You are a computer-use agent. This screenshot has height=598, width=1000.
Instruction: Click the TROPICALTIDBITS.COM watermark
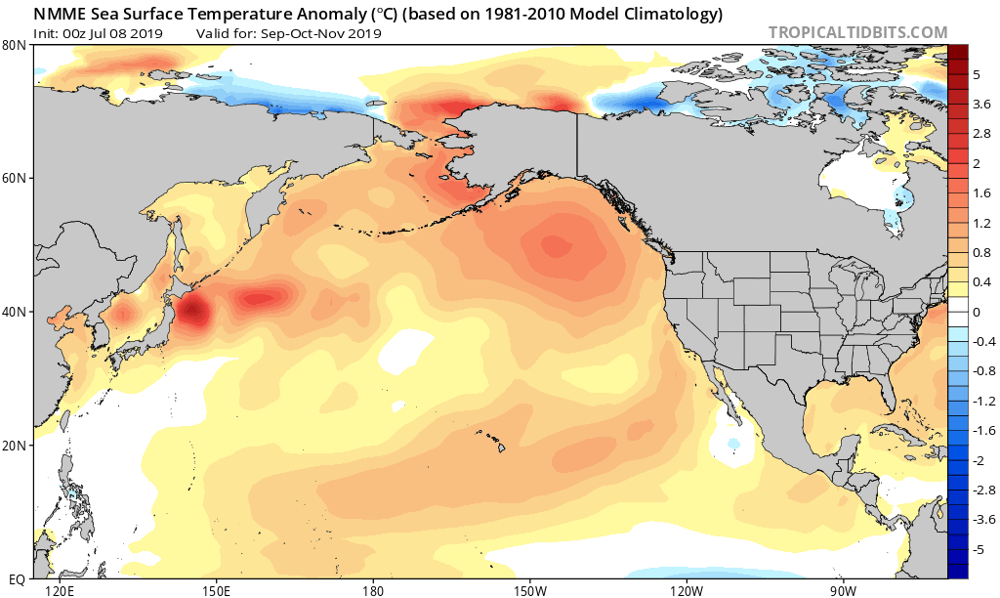point(857,32)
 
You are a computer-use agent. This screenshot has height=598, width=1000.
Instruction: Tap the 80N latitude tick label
point(15,45)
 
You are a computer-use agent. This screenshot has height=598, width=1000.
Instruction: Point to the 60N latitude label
point(15,178)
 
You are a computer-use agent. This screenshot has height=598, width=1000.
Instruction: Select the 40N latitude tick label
point(15,312)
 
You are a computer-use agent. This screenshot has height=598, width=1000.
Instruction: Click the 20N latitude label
point(15,445)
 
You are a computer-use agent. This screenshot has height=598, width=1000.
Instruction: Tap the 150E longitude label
point(216,590)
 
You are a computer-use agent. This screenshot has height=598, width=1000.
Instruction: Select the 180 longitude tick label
point(372,590)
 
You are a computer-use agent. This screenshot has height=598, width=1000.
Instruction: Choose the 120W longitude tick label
point(686,590)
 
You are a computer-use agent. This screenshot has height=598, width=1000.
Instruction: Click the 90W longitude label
point(843,590)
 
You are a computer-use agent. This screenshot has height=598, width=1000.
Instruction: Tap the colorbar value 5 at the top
point(976,74)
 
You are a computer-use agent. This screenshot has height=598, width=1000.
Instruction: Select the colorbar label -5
point(978,548)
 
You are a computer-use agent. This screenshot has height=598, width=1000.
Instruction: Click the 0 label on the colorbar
point(976,312)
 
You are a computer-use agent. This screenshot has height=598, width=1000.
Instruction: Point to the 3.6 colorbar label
point(979,104)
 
